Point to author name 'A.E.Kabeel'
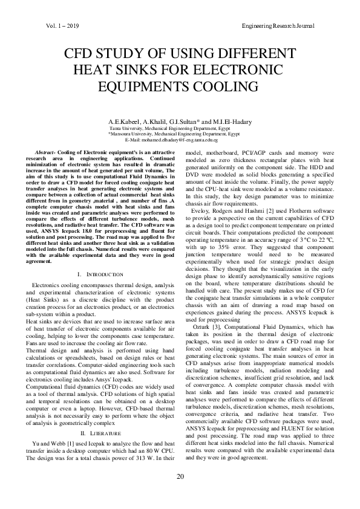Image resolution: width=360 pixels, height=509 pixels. click(123, 122)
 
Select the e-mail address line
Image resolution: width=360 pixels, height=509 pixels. click(180, 139)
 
